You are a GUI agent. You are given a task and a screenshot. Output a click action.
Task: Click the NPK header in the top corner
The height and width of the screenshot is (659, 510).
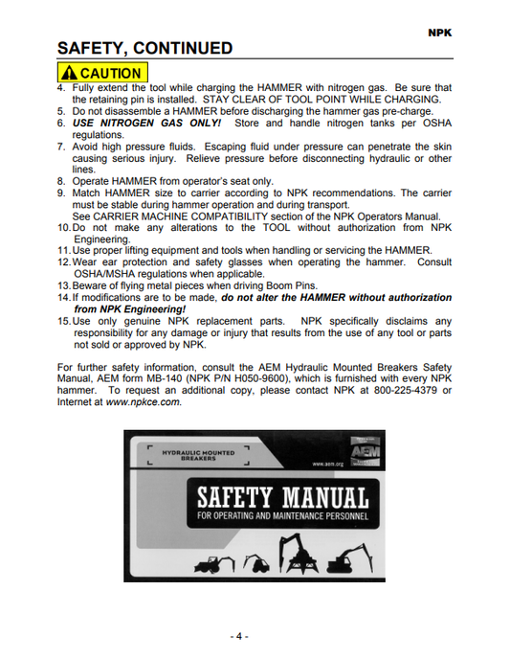439,31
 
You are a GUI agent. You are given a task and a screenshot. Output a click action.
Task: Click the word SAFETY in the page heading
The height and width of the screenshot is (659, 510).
94,49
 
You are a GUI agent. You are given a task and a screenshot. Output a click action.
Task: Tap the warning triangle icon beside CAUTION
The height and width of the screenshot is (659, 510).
69,74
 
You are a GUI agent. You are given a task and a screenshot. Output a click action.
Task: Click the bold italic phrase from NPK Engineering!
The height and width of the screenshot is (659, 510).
130,309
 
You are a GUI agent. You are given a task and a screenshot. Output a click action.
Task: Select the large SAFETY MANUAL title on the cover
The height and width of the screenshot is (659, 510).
283,498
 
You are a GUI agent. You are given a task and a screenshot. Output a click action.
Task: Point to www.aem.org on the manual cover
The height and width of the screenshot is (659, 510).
329,464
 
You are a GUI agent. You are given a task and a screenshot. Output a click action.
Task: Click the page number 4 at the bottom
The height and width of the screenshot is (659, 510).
238,636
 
